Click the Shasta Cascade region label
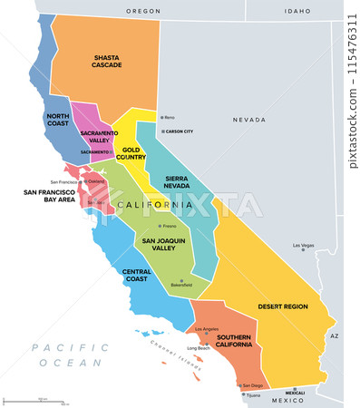click(106, 61)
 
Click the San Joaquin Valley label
click(164, 244)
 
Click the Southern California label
click(233, 343)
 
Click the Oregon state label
click(141, 11)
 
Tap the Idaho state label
click(297, 11)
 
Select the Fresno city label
click(169, 226)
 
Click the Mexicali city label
click(295, 393)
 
